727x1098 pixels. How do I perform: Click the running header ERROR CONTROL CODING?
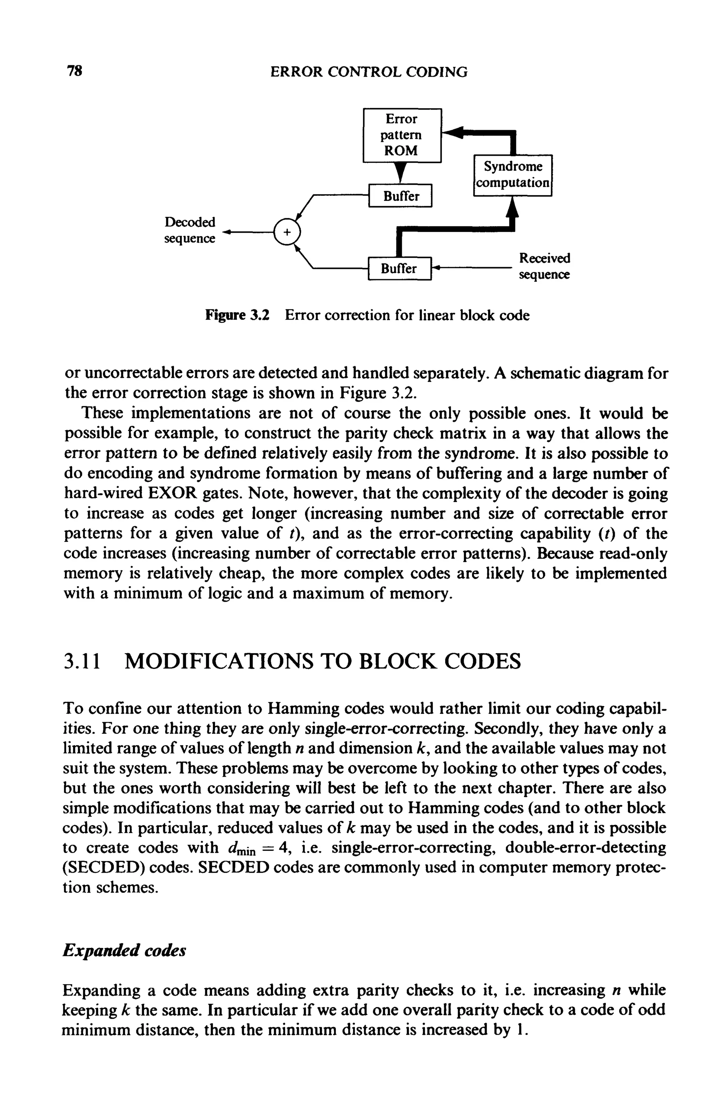(x=368, y=72)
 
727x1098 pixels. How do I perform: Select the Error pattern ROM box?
(x=401, y=135)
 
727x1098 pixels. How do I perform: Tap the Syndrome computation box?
(x=513, y=175)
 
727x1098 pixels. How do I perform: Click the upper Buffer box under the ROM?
(x=400, y=196)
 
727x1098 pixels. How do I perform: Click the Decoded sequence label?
(x=190, y=230)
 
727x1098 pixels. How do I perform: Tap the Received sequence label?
(x=544, y=266)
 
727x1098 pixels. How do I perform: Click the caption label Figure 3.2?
(x=237, y=315)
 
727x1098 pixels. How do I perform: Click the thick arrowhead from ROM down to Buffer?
(x=401, y=173)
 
